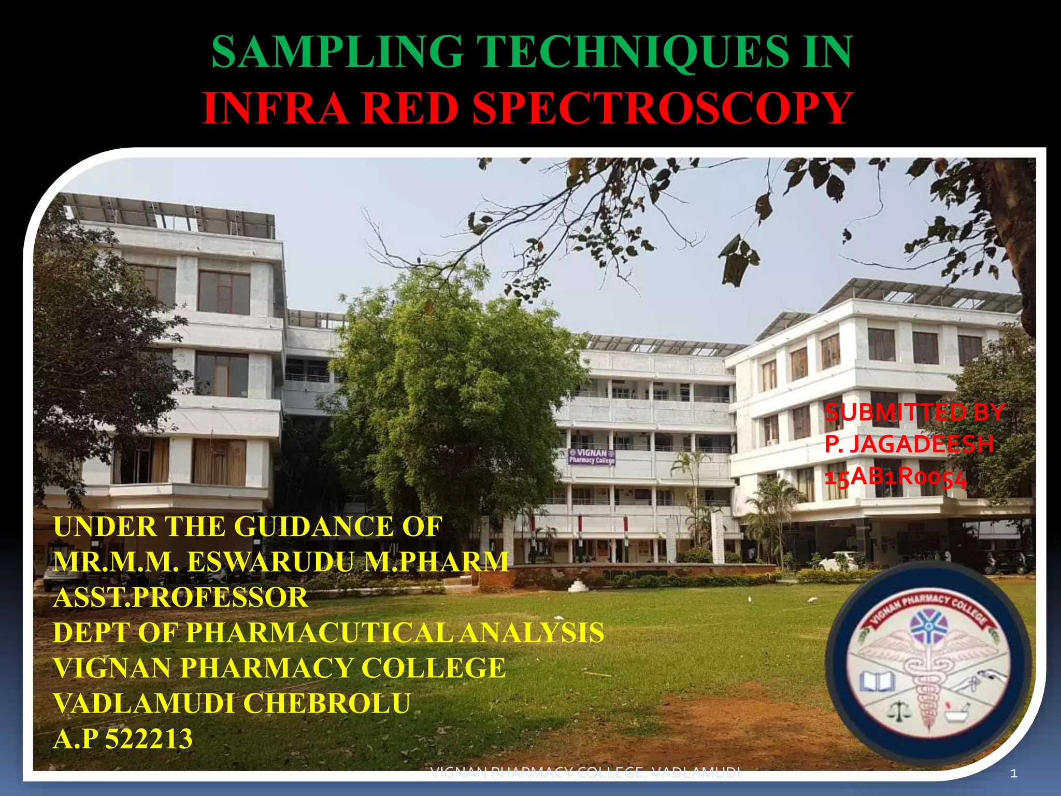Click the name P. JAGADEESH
[909, 444]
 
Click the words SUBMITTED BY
[914, 413]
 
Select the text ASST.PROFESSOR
[181, 598]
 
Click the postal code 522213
[149, 738]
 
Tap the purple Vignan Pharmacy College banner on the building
[592, 457]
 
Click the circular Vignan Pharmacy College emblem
[927, 663]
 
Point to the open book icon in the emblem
[877, 680]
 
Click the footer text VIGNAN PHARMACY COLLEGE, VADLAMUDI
[585, 773]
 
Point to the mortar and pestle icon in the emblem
[953, 712]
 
